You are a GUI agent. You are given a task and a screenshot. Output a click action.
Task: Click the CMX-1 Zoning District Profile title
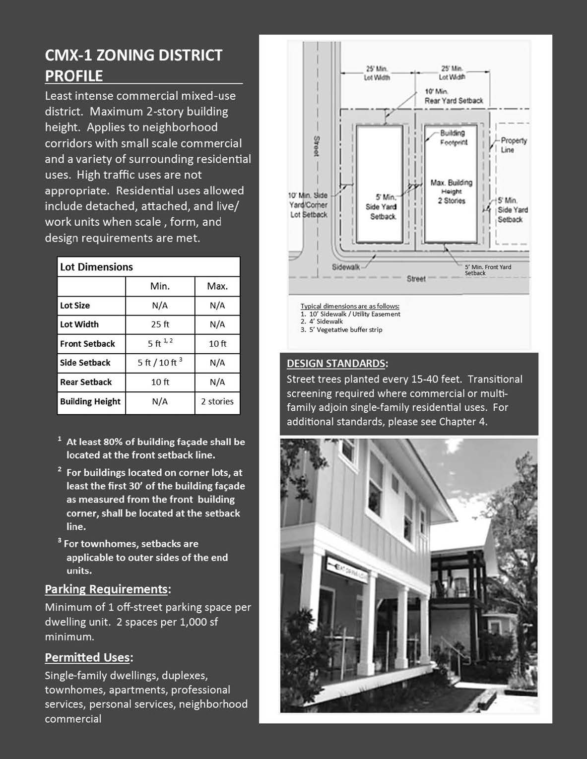pos(134,65)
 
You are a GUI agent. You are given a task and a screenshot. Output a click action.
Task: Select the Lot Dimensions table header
pos(96,267)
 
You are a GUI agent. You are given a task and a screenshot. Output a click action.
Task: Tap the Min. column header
pos(160,286)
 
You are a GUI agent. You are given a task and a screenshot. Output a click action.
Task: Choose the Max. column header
pos(217,286)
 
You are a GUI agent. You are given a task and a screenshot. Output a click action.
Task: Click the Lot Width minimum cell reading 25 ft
pos(160,324)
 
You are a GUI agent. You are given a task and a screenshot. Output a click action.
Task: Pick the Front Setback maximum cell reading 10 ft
pos(217,344)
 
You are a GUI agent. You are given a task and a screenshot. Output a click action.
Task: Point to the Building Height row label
pos(90,401)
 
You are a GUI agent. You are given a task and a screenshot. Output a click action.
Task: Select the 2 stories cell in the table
pos(217,401)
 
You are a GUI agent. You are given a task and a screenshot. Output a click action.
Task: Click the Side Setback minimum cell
pos(160,363)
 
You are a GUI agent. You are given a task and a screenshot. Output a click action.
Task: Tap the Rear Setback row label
pos(86,382)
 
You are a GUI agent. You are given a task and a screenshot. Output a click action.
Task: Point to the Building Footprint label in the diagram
pos(453,137)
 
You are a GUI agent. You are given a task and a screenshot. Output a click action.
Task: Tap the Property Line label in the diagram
pos(513,145)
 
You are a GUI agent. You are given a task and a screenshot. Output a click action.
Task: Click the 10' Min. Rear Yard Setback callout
pos(454,96)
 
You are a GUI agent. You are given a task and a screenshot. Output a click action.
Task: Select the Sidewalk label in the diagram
pos(346,267)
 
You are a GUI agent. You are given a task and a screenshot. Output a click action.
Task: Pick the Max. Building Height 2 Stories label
pos(452,191)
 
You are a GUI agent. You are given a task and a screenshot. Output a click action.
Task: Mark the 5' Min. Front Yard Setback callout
pos(487,270)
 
